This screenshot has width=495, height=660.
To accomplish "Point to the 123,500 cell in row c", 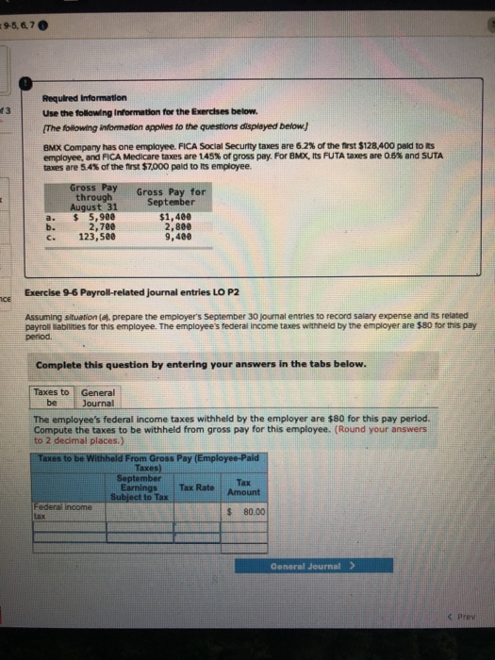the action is tap(95, 236).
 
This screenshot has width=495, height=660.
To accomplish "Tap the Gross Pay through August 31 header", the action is tap(93, 196).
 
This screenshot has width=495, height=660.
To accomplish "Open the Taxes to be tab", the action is tap(51, 397).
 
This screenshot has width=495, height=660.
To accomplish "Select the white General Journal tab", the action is tap(97, 397).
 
